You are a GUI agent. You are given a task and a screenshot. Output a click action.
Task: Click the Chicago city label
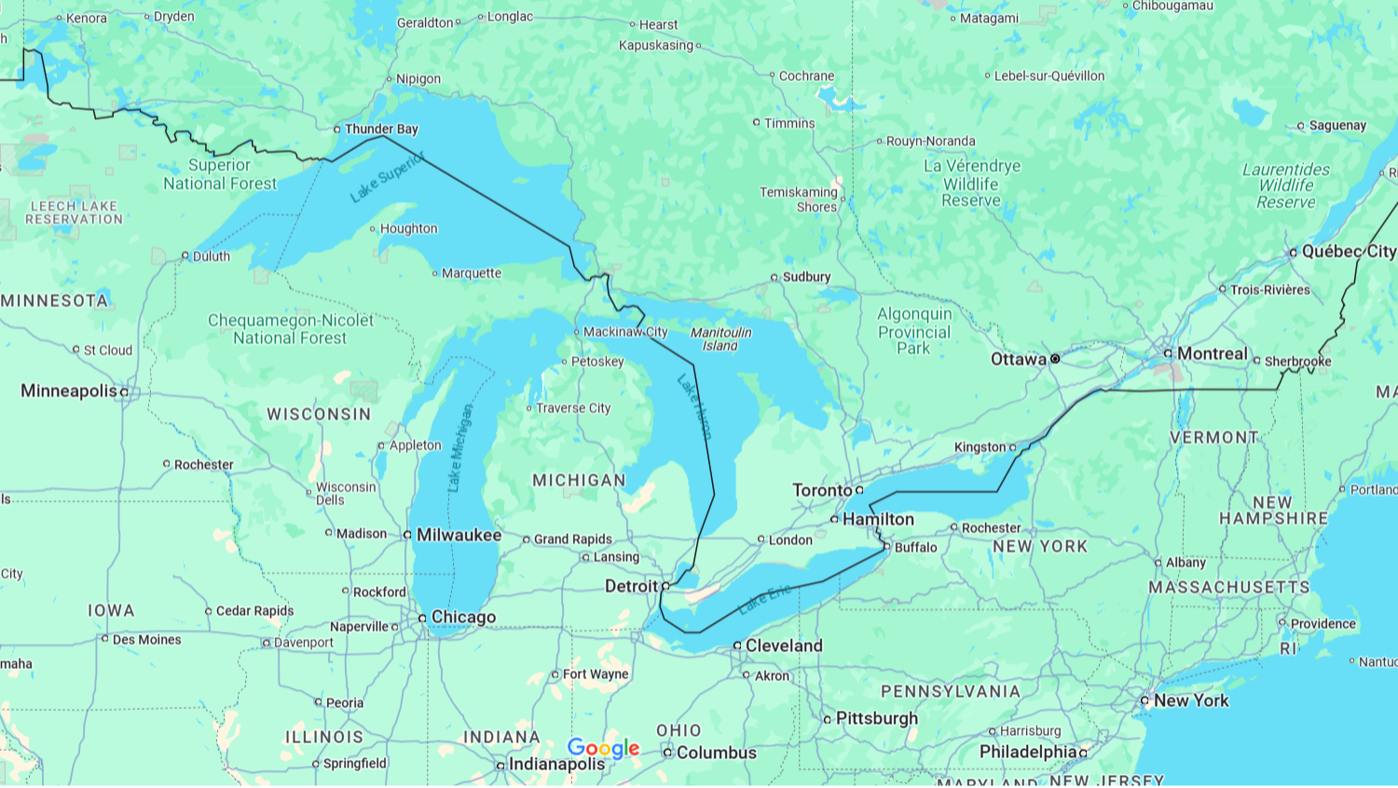(463, 618)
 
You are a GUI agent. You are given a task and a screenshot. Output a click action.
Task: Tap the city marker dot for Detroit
(665, 586)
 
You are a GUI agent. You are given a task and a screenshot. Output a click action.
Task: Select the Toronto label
(822, 490)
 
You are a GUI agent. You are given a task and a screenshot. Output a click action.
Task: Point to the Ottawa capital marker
(1055, 359)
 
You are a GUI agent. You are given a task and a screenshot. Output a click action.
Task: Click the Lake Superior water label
(387, 177)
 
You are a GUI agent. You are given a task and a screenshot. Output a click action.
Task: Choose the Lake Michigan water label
(459, 448)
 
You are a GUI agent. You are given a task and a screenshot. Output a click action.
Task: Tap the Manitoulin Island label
(720, 339)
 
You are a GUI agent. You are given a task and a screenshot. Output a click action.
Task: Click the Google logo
(603, 748)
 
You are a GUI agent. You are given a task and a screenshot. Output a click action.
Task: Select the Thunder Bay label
(381, 129)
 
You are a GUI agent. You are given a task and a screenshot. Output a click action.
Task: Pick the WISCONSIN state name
(319, 414)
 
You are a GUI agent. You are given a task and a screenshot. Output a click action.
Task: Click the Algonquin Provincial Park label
(913, 332)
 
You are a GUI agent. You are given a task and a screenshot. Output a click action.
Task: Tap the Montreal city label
(1212, 354)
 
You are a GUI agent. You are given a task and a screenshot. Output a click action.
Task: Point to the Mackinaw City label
(625, 332)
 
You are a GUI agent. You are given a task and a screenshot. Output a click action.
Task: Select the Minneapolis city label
(69, 391)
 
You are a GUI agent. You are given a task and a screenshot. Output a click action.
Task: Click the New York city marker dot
(1144, 700)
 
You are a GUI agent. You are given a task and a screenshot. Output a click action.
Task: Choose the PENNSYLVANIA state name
(951, 691)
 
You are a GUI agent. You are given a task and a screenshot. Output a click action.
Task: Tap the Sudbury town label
(806, 278)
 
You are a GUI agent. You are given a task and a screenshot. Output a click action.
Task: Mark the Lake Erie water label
(764, 599)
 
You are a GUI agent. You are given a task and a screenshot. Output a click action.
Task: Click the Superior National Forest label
(220, 174)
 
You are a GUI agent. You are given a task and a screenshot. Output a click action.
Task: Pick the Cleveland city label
(784, 645)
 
